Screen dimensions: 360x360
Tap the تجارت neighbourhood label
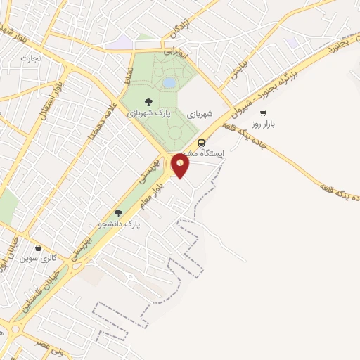[31, 58]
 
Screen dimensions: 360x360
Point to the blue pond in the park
[169, 83]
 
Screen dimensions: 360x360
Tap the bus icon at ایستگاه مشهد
[202, 141]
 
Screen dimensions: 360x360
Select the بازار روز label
[266, 124]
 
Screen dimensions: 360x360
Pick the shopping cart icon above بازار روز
[263, 112]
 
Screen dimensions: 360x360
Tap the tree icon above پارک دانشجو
[118, 212]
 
